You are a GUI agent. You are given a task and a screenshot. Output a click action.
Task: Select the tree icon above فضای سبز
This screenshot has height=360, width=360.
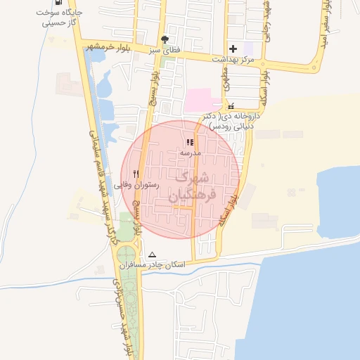click(165, 40)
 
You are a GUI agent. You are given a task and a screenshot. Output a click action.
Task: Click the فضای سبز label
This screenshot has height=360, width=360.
click(165, 51)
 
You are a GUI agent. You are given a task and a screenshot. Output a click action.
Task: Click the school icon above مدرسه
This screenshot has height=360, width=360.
click(190, 142)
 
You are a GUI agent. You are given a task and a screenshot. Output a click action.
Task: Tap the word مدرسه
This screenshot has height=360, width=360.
click(190, 153)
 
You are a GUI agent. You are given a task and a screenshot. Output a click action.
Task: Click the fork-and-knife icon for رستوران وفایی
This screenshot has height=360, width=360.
click(136, 174)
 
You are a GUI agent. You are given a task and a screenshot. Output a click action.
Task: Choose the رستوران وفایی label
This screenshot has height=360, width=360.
click(140, 185)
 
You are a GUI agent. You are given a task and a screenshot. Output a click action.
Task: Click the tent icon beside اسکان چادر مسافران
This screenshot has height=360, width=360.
click(153, 255)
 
